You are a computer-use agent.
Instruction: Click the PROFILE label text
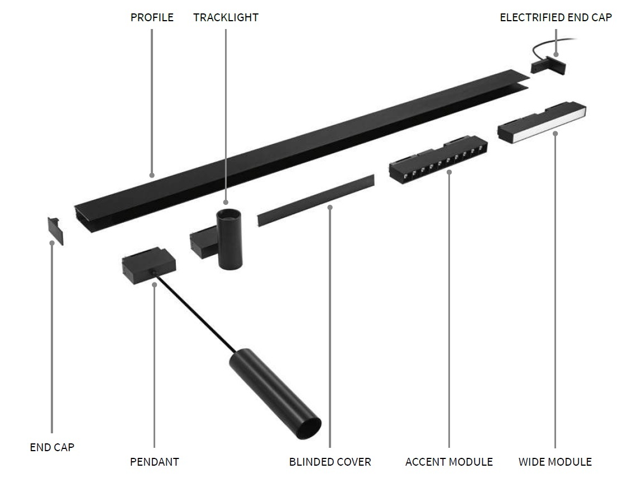(x=152, y=18)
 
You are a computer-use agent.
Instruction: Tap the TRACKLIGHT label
(x=226, y=18)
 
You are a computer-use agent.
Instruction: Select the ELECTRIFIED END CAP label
(x=556, y=18)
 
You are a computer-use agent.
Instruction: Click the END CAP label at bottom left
(x=52, y=447)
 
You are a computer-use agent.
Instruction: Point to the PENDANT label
(x=154, y=462)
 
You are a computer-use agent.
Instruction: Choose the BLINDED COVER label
(x=330, y=462)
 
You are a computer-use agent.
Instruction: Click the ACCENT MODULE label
(x=449, y=462)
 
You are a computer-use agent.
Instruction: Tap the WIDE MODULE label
(x=555, y=462)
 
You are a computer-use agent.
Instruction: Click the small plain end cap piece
(x=56, y=231)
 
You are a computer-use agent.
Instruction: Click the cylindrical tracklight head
(x=229, y=238)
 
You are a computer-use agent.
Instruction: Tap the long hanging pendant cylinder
(x=275, y=394)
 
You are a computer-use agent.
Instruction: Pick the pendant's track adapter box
(x=149, y=265)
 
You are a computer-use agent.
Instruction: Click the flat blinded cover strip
(x=316, y=200)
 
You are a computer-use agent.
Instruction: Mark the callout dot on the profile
(x=152, y=175)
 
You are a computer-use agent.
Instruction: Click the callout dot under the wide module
(x=555, y=133)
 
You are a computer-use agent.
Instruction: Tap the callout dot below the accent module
(x=449, y=173)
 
